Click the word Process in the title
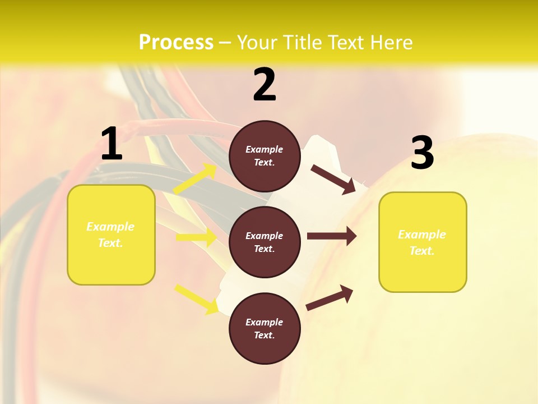(176, 43)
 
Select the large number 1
(112, 144)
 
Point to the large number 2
(265, 85)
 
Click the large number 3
(422, 153)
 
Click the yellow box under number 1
(111, 235)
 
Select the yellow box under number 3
(423, 242)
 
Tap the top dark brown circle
(265, 156)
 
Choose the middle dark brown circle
(265, 242)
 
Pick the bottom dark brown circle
(265, 329)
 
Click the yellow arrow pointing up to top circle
(195, 179)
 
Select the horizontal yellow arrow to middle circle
(196, 237)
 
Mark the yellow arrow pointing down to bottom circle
(196, 299)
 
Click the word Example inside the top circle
(265, 150)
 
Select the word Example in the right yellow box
(422, 235)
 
